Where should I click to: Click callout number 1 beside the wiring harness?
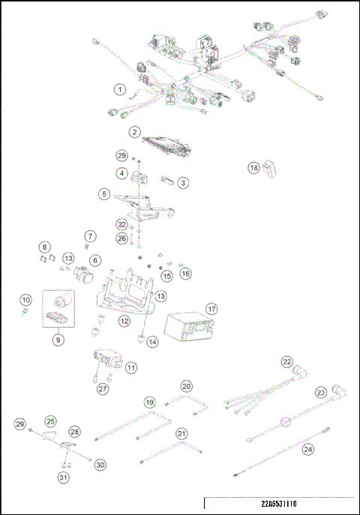click(x=119, y=90)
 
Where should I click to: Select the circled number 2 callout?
click(x=134, y=133)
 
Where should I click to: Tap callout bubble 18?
click(x=254, y=169)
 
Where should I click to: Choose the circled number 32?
click(x=121, y=224)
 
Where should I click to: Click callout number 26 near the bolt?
click(x=121, y=238)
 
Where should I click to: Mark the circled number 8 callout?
click(x=45, y=247)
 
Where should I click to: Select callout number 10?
click(x=25, y=300)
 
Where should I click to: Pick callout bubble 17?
click(x=211, y=309)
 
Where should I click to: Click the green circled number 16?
click(x=184, y=274)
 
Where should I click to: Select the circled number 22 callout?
click(x=286, y=361)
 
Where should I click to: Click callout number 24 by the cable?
click(x=308, y=450)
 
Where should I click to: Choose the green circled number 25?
click(x=51, y=421)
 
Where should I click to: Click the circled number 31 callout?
click(x=63, y=477)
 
